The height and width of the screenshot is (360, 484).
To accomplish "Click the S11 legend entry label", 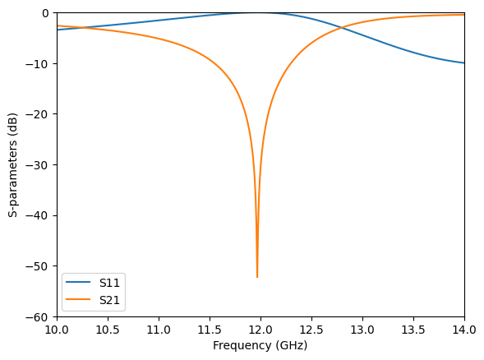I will [109, 283].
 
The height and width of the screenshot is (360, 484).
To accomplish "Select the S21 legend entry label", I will [109, 301].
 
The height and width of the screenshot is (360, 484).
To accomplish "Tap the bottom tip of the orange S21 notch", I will [257, 277].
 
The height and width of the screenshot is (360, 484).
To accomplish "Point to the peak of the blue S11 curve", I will [256, 12].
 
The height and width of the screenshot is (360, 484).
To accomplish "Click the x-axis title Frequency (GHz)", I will [260, 345].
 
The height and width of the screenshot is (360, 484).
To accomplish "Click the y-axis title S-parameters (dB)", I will [13, 164].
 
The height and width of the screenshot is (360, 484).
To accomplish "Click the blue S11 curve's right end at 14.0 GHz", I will [464, 63].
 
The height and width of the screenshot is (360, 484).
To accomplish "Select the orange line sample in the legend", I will [80, 301].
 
